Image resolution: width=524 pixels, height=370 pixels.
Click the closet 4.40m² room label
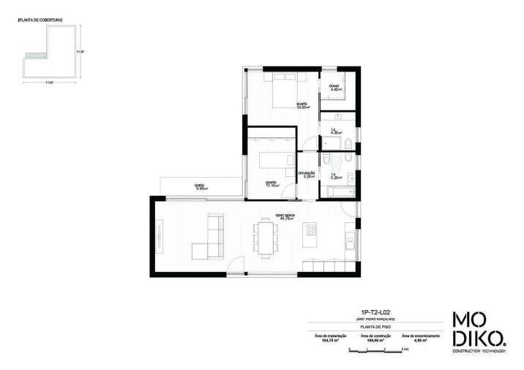pyautogui.click(x=334, y=88)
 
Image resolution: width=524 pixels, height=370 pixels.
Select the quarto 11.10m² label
pyautogui.click(x=271, y=184)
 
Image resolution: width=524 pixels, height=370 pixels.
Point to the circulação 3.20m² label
pyautogui.click(x=307, y=174)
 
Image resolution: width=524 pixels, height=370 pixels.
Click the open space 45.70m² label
pyautogui.click(x=285, y=216)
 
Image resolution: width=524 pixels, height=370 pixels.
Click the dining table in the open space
pyautogui.click(x=266, y=238)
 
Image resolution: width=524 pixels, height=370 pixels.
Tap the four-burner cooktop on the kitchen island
pyautogui.click(x=310, y=232)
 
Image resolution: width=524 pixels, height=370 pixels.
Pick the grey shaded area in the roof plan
pyautogui.click(x=34, y=56)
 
